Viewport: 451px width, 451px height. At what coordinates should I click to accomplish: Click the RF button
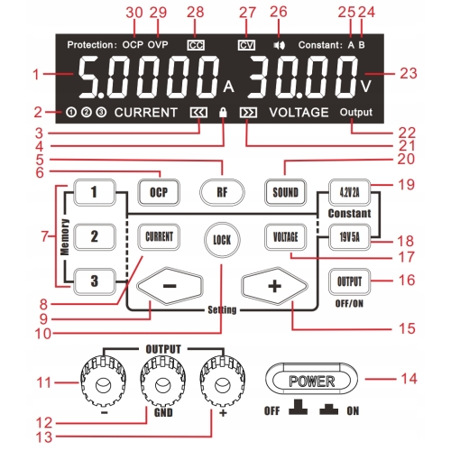pyautogui.click(x=222, y=192)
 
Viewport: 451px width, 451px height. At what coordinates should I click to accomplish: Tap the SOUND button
pyautogui.click(x=285, y=192)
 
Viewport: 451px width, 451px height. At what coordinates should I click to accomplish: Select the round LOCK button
pyautogui.click(x=222, y=240)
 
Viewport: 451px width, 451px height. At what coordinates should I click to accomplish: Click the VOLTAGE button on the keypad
pyautogui.click(x=286, y=237)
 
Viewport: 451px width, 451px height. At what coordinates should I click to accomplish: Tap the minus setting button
pyautogui.click(x=170, y=286)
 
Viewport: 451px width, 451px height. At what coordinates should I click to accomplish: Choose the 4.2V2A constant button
pyautogui.click(x=349, y=192)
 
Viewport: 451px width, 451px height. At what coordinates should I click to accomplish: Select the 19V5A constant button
pyautogui.click(x=349, y=237)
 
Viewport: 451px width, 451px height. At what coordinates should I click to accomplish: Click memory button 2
pyautogui.click(x=95, y=236)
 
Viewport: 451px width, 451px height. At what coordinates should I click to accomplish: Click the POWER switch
pyautogui.click(x=312, y=379)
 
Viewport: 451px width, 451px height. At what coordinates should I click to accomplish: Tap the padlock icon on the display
pyautogui.click(x=223, y=112)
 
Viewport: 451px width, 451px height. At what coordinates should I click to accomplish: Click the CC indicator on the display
pyautogui.click(x=196, y=45)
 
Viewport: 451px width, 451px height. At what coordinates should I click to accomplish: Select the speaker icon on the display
pyautogui.click(x=279, y=45)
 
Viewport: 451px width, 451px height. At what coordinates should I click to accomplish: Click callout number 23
pyautogui.click(x=409, y=73)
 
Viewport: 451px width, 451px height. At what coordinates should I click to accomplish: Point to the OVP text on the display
pyautogui.click(x=158, y=45)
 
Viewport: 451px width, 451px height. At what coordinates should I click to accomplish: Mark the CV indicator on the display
pyautogui.click(x=246, y=45)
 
